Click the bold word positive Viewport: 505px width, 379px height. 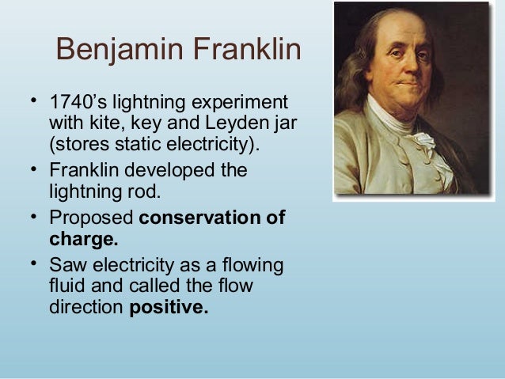tap(169, 306)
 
